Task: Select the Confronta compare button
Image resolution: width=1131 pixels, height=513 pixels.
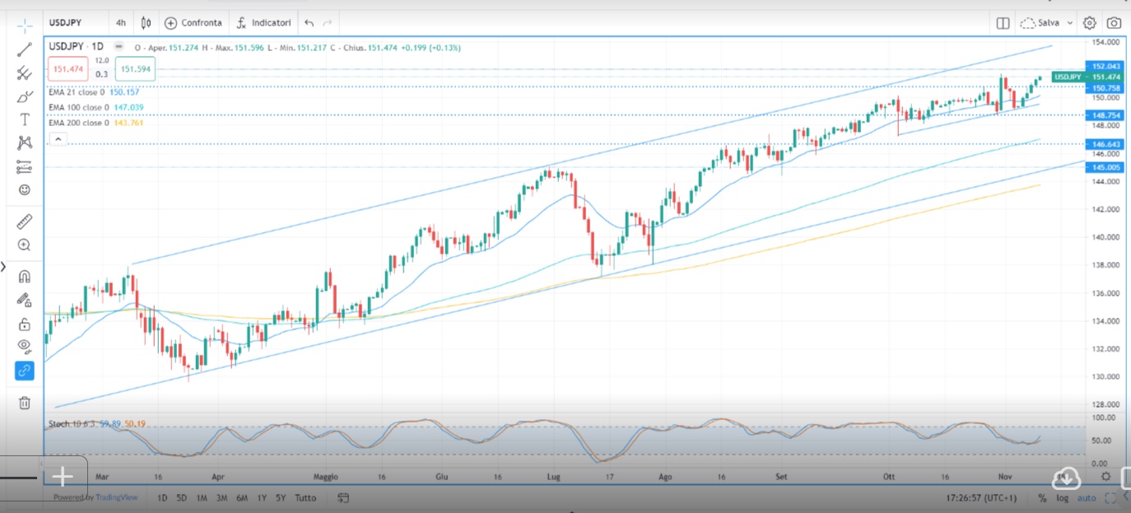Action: pos(193,23)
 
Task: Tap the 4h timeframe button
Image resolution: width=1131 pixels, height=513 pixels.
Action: pos(121,23)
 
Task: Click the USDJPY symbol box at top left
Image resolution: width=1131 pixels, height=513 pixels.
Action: pos(70,23)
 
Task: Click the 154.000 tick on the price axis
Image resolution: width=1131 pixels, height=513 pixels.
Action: pos(1105,41)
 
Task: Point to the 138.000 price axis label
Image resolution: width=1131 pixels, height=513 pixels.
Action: pos(1105,265)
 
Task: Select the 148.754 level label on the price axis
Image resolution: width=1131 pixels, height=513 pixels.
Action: pos(1104,115)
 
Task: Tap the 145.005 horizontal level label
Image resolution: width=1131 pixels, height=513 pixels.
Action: pos(1104,167)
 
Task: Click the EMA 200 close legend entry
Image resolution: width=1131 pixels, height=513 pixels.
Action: pos(77,123)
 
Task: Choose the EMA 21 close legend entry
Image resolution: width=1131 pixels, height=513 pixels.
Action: pos(76,92)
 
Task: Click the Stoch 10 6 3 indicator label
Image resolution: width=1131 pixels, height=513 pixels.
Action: pos(72,424)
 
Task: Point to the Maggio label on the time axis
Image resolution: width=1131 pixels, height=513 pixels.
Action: pos(326,477)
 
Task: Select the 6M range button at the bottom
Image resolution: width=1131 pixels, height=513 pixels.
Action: pos(242,498)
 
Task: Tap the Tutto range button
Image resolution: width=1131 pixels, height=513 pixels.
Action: pos(305,498)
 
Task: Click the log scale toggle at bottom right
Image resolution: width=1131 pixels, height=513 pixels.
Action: pos(1063,498)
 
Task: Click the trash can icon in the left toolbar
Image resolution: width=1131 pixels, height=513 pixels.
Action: pos(25,403)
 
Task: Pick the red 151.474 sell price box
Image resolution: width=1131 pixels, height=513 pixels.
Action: pos(68,69)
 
